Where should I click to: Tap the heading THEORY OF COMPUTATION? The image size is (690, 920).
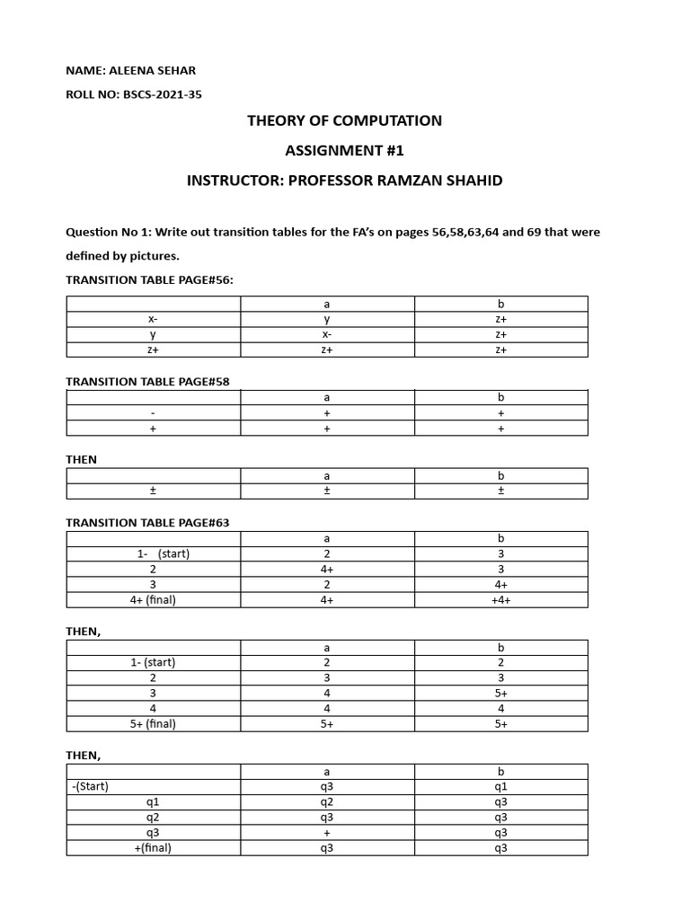(x=345, y=120)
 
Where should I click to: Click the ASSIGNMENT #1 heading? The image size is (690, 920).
(x=345, y=150)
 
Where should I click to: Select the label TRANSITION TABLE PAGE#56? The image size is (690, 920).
(x=149, y=279)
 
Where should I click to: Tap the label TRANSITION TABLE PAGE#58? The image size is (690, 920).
(x=147, y=381)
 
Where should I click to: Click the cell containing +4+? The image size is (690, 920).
(x=500, y=600)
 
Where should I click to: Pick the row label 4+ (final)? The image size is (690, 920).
(x=153, y=600)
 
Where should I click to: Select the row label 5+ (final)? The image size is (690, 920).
(x=153, y=724)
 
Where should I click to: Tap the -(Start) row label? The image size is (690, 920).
(x=90, y=786)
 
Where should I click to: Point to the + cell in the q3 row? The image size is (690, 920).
(x=327, y=833)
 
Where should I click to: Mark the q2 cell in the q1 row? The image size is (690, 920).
(x=327, y=801)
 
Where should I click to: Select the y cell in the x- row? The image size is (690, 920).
(x=327, y=319)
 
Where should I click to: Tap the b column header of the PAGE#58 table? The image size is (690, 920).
(x=500, y=397)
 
